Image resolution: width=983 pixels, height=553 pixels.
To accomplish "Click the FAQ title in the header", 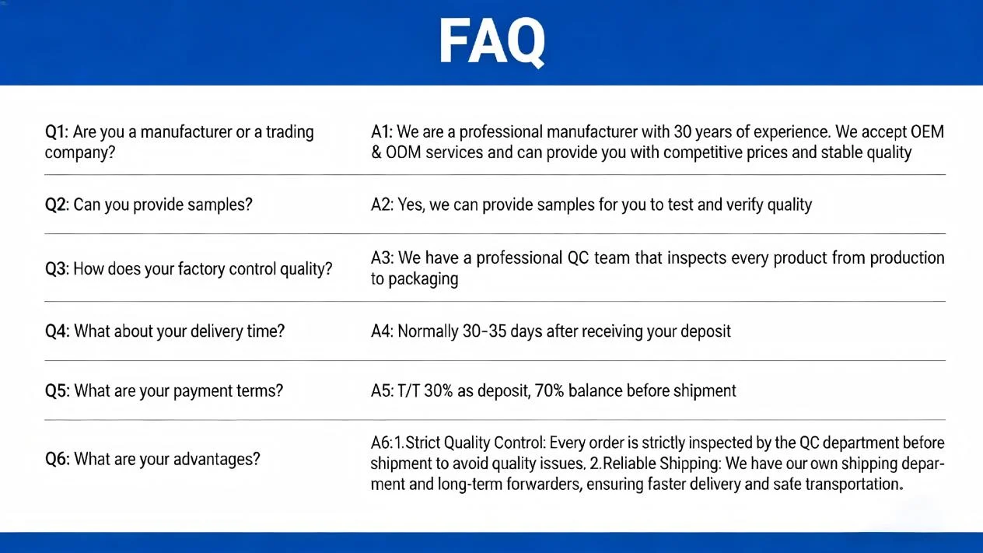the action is (492, 43).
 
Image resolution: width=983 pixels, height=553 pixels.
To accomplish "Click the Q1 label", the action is (56, 131).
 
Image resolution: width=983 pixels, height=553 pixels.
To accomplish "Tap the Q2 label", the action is (57, 205).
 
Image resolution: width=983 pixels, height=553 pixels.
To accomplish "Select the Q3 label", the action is (57, 268).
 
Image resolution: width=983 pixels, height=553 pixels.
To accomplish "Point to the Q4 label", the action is (57, 331).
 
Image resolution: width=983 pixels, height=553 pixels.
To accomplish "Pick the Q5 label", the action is (57, 390).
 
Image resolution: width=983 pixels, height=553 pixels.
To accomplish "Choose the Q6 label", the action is (57, 459).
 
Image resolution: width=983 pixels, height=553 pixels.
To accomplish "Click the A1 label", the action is (382, 131).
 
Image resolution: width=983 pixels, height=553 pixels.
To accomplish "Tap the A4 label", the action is (382, 331).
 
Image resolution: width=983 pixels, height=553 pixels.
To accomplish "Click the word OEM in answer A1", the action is (927, 131).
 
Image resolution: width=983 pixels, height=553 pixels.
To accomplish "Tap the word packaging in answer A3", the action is (423, 279).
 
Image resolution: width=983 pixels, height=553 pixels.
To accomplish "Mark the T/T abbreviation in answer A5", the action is (408, 390).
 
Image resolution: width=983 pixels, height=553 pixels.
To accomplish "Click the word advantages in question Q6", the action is (211, 460).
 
